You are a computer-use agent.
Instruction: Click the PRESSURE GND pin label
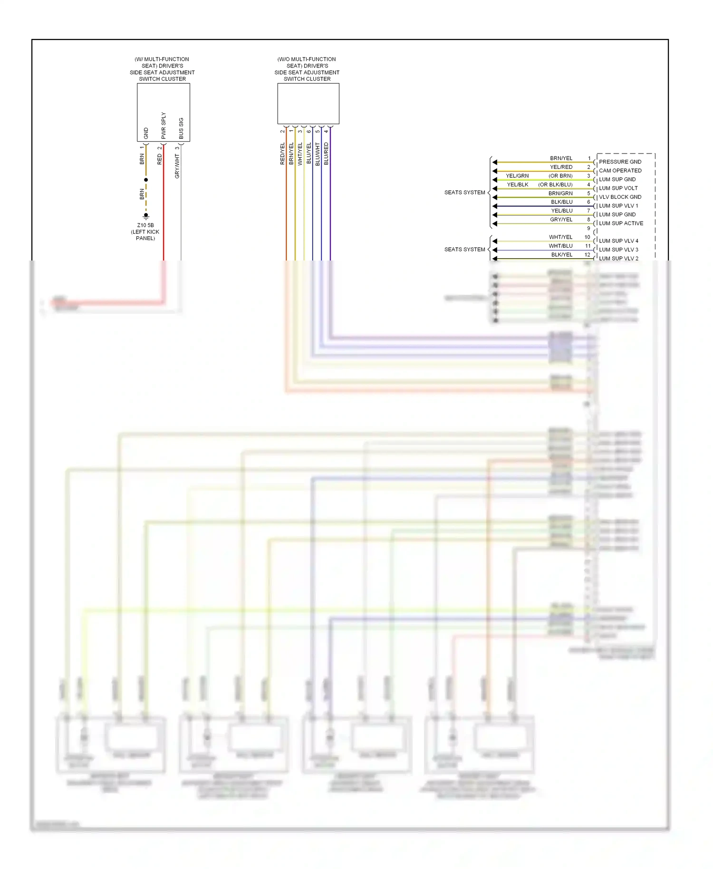coord(620,162)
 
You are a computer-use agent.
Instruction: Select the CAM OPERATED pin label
coord(620,171)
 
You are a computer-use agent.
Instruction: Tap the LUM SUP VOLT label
coord(618,188)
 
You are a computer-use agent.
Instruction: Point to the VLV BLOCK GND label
coord(620,197)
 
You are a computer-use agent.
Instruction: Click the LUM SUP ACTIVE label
coord(621,223)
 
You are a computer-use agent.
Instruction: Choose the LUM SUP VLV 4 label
coord(618,241)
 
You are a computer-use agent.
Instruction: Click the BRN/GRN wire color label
coord(560,193)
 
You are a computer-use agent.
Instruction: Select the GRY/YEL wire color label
coord(561,220)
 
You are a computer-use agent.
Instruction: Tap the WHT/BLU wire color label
coord(560,246)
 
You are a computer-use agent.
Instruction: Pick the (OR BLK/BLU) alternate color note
coord(555,184)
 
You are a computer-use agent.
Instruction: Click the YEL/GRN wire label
coord(517,176)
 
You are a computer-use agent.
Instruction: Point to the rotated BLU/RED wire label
coord(326,154)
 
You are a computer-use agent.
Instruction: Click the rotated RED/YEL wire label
coord(282,154)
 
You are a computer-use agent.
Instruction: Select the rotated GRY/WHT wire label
coord(177,166)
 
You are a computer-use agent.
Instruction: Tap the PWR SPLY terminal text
coord(164,126)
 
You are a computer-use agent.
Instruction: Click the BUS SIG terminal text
coord(181,128)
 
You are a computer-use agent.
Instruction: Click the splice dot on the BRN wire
coord(146,180)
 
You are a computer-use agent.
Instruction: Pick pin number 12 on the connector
coord(588,255)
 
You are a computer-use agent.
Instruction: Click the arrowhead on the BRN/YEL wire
coord(495,162)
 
